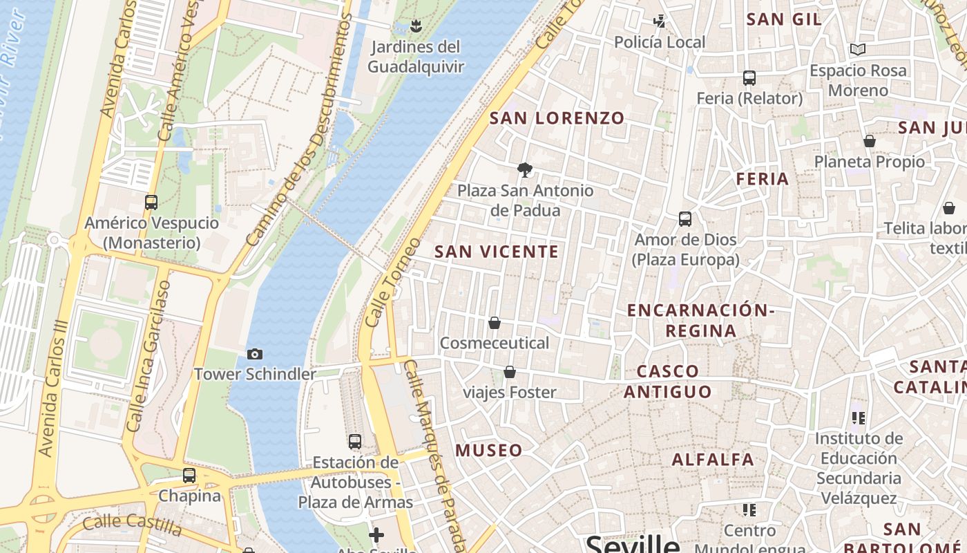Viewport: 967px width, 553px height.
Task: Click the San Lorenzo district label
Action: click(x=557, y=118)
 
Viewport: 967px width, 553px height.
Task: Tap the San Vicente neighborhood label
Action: click(x=496, y=252)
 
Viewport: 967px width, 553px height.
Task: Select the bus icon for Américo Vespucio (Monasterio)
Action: click(x=151, y=203)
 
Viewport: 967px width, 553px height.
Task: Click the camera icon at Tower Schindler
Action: click(x=255, y=354)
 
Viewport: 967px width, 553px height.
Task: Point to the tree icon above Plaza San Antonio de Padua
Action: click(x=525, y=169)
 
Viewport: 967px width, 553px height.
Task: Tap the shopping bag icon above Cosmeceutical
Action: click(x=495, y=323)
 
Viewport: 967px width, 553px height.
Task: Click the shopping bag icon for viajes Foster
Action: click(x=510, y=373)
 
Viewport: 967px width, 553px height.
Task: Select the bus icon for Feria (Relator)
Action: click(x=749, y=78)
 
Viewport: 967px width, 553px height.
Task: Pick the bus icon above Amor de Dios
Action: click(x=685, y=219)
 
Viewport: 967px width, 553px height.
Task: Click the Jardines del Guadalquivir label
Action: click(x=415, y=57)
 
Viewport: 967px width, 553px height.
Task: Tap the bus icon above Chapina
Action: click(x=189, y=476)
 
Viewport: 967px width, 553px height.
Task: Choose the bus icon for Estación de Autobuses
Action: click(x=355, y=442)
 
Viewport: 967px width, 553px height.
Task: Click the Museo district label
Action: click(x=489, y=451)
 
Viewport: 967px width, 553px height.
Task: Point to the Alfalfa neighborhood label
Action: click(x=713, y=460)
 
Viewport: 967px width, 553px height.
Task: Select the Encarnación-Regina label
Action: click(x=700, y=320)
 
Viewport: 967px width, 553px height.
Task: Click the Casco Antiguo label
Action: click(x=667, y=382)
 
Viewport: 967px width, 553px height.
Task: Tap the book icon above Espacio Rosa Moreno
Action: click(x=858, y=50)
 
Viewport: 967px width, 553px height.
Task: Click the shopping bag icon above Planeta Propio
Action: click(x=870, y=142)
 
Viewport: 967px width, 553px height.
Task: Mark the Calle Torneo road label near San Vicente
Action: click(x=392, y=283)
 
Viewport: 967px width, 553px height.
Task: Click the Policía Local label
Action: click(x=660, y=42)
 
